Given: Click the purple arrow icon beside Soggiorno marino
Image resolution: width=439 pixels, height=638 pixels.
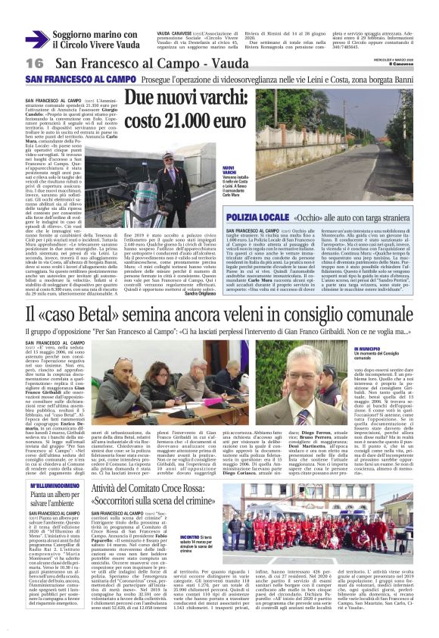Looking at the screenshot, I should pyautogui.click(x=36, y=39).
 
